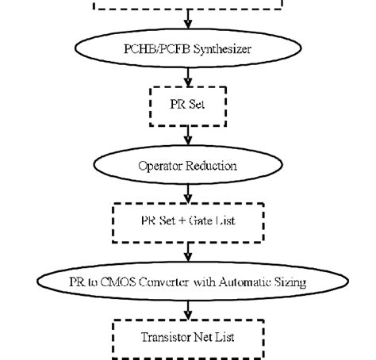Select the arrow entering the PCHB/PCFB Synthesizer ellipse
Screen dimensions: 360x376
pos(188,20)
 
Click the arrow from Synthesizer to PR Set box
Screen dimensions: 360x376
pos(188,77)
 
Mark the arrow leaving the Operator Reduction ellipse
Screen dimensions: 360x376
pos(188,193)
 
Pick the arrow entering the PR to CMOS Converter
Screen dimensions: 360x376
pos(188,252)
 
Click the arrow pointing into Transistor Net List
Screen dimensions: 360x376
pos(188,308)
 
